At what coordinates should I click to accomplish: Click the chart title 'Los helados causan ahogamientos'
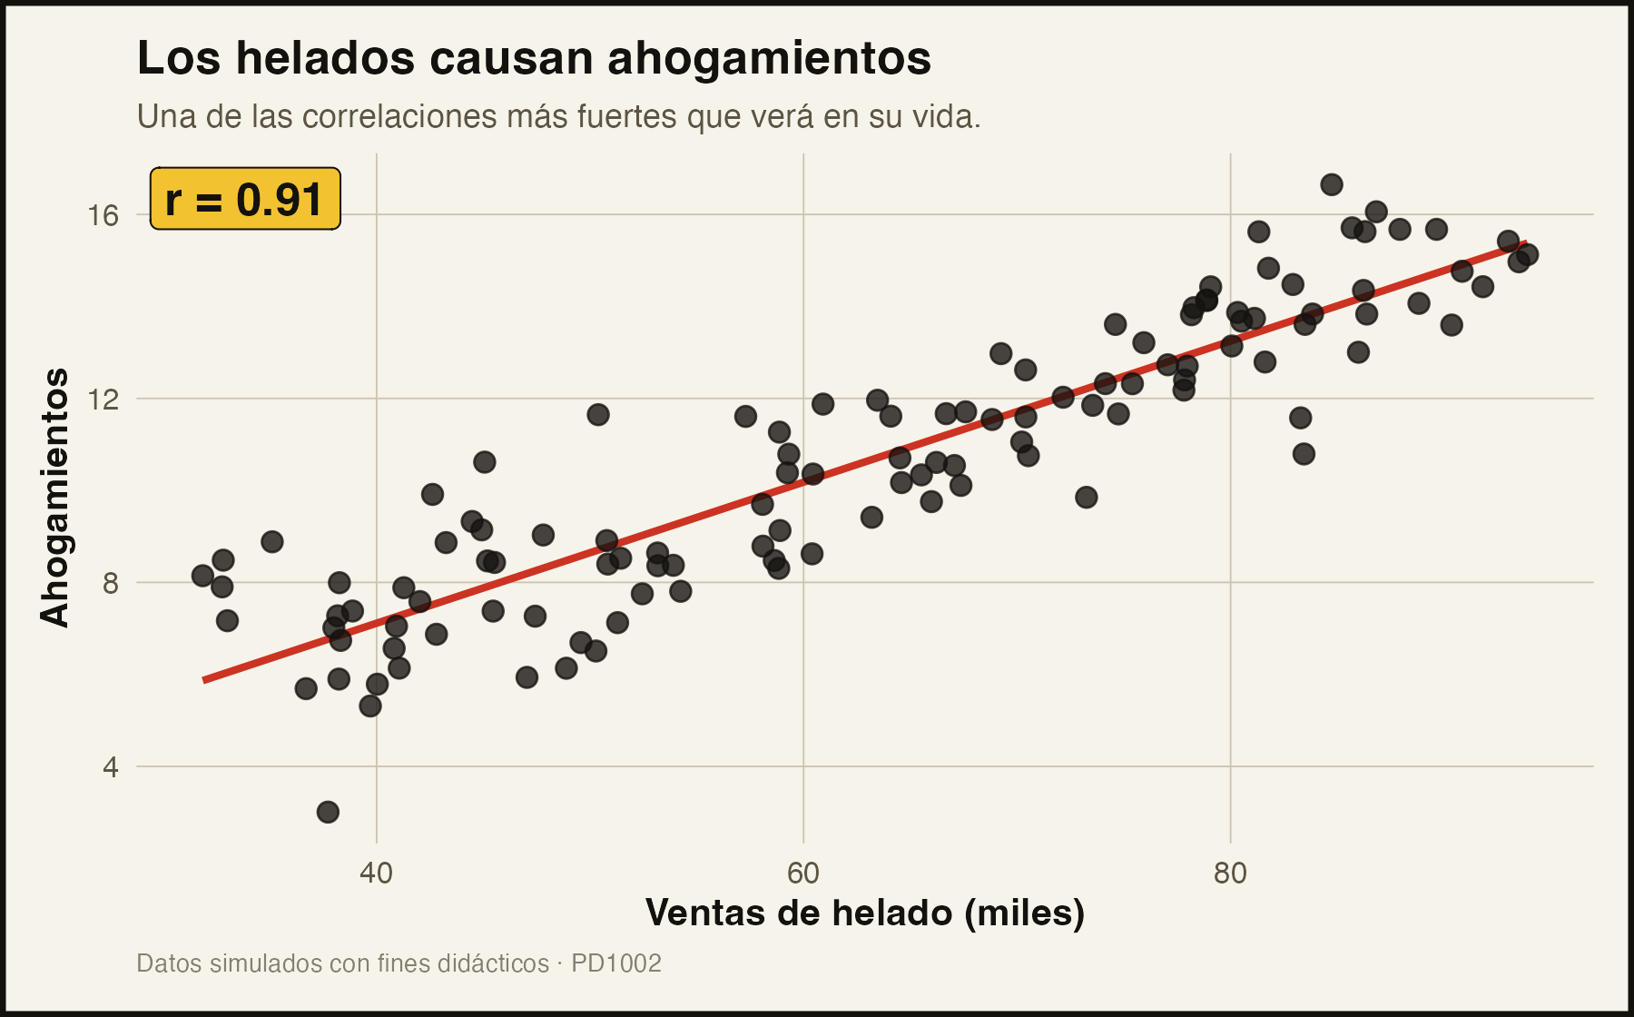tap(534, 58)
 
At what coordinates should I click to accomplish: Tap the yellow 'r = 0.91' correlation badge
tap(245, 199)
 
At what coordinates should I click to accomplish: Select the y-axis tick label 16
tap(105, 215)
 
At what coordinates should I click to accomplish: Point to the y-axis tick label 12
tap(105, 399)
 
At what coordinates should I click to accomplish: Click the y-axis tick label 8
tap(112, 583)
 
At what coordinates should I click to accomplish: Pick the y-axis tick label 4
tap(112, 767)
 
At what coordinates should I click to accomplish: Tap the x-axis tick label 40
tap(376, 874)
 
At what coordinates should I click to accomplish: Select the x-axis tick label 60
tap(803, 874)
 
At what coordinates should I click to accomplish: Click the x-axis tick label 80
tap(1230, 874)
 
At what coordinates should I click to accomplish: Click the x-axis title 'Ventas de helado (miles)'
tap(865, 913)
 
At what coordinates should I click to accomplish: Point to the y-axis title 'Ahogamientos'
tap(54, 498)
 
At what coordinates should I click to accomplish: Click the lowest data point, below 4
tap(328, 812)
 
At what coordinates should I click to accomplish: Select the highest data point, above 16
tap(1332, 185)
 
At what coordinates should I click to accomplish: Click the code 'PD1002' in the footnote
tap(616, 963)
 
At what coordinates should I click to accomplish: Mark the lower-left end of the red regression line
tap(204, 680)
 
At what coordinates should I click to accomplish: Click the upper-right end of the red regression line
tap(1526, 242)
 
